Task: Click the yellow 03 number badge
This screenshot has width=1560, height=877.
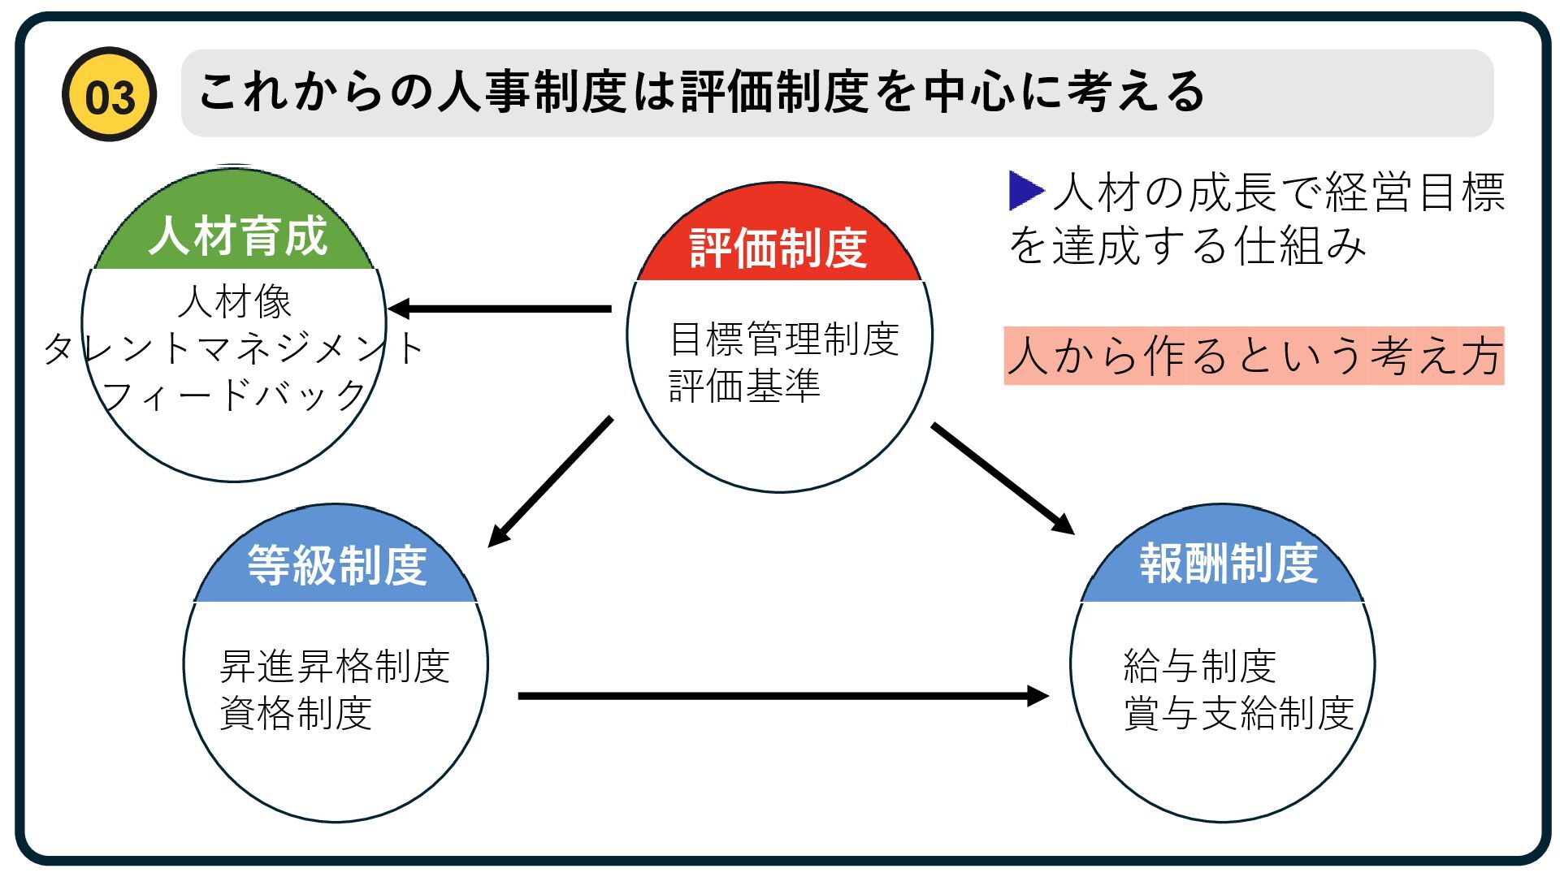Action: (x=109, y=95)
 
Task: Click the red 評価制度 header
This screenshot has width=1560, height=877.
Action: (x=778, y=247)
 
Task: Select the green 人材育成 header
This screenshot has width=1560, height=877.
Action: (x=236, y=235)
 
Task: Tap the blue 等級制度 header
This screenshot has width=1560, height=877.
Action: (x=336, y=564)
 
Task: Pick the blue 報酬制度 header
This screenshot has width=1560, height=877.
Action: (x=1228, y=563)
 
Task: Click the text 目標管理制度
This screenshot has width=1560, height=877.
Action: (x=784, y=339)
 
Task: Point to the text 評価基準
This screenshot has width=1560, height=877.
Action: (x=744, y=386)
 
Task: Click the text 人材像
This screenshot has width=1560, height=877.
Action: (x=235, y=302)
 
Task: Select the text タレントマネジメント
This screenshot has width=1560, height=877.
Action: (x=234, y=348)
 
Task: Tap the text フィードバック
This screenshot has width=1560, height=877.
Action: (x=234, y=395)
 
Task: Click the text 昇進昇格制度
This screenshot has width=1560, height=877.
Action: (x=335, y=667)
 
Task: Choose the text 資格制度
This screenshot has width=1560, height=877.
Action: (x=296, y=714)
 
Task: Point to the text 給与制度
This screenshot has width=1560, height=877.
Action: (x=1199, y=667)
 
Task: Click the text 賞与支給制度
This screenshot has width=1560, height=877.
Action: (x=1238, y=714)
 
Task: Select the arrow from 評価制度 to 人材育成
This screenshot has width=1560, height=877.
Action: (x=500, y=309)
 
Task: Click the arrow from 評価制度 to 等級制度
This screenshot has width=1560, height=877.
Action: (x=551, y=481)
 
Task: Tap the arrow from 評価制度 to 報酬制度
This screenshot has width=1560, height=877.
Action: (x=1003, y=478)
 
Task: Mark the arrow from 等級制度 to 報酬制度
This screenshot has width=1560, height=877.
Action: (x=783, y=696)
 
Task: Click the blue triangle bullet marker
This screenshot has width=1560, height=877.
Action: (x=1025, y=190)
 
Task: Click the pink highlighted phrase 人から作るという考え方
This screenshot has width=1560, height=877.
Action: (x=1254, y=356)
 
